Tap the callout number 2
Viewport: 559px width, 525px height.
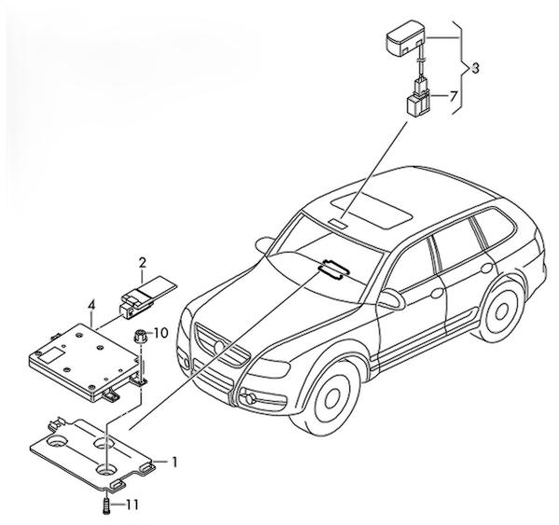[x=143, y=264]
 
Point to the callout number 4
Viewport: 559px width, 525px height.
[x=91, y=306]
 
